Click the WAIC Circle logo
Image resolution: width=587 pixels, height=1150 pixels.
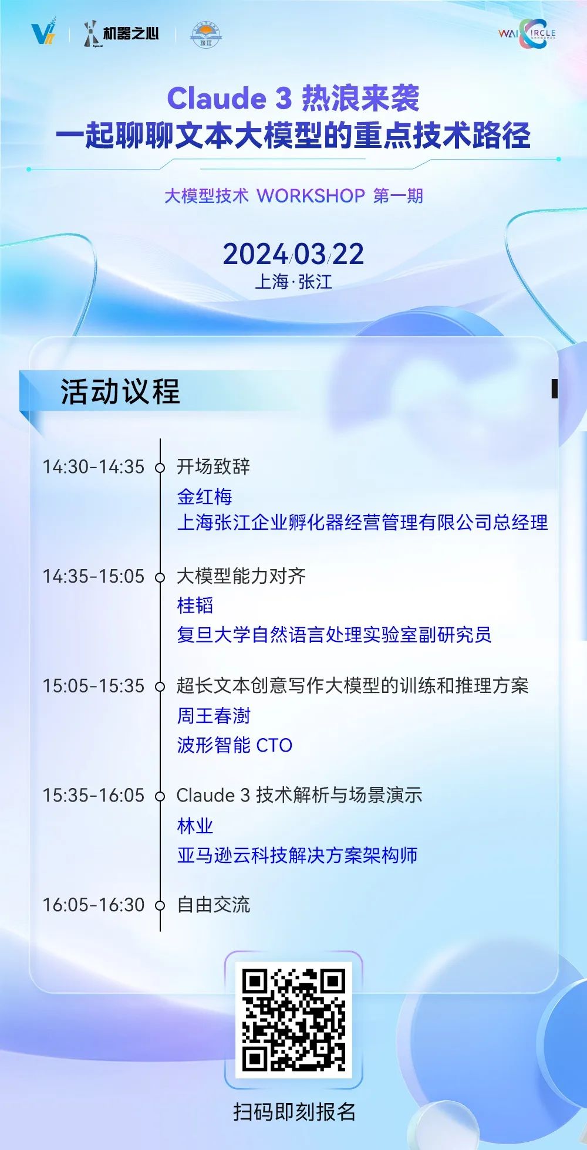[x=527, y=34]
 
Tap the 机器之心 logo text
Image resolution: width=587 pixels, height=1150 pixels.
[x=131, y=33]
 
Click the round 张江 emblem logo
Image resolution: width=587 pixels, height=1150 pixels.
[x=205, y=35]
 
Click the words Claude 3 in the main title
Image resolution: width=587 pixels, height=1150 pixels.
[x=230, y=98]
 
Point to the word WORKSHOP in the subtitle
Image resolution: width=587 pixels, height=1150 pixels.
[x=311, y=195]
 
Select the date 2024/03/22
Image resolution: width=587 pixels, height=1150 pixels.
[x=293, y=254]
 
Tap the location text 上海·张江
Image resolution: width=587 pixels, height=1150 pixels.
[x=293, y=282]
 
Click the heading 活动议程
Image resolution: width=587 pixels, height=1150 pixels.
[x=120, y=391]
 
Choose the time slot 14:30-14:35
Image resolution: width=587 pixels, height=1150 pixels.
[x=93, y=467]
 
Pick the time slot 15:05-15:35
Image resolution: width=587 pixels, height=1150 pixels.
[x=93, y=686]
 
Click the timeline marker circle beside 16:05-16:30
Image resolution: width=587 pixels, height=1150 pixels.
[x=160, y=906]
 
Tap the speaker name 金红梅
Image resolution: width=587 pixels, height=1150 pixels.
[x=205, y=497]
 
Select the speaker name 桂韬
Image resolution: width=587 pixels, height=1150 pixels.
[x=195, y=606]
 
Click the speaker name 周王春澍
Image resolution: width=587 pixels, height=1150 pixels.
[x=214, y=716]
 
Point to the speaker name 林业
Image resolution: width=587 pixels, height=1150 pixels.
[x=195, y=826]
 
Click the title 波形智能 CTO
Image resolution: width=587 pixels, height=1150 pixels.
[x=235, y=745]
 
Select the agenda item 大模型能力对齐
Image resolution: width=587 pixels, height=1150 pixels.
[x=241, y=576]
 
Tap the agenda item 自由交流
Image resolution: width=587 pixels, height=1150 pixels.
[x=214, y=905]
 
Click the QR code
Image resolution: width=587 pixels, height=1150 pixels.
[x=293, y=1020]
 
